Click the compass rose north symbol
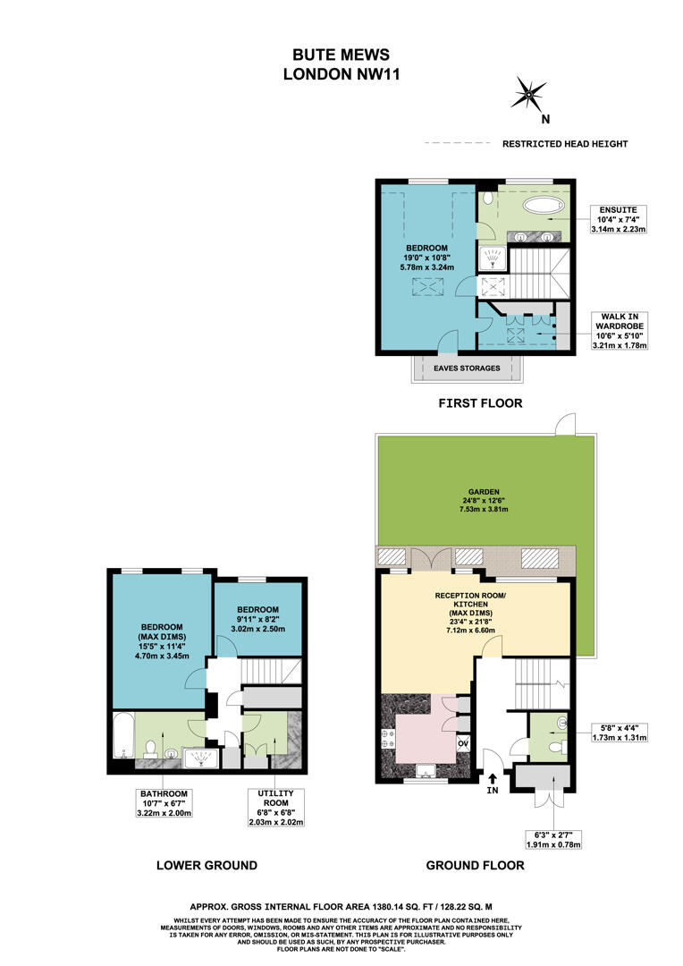coord(531,92)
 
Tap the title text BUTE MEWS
coord(340,55)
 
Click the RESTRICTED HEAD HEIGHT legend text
coord(565,144)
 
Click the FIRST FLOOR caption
coord(479,404)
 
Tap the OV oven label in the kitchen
coord(463,743)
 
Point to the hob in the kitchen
coord(391,738)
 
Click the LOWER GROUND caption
coord(207,866)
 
